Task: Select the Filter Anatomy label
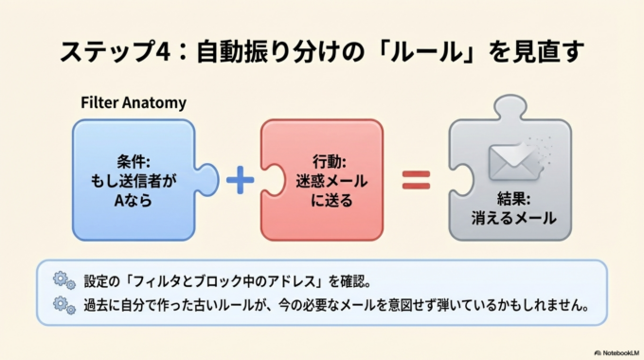click(x=133, y=102)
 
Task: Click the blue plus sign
click(x=241, y=178)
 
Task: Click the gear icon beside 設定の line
click(x=63, y=280)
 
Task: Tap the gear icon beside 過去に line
click(x=63, y=305)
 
